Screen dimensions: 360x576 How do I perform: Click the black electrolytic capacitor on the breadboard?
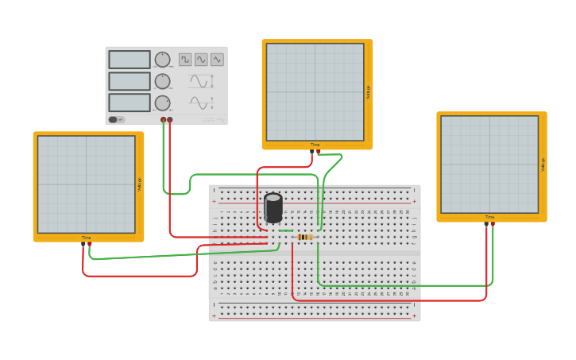273,208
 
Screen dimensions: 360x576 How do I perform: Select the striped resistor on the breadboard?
304,237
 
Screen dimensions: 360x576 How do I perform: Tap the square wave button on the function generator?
185,60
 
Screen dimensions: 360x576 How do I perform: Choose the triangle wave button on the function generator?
217,60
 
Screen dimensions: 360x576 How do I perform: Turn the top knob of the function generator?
162,60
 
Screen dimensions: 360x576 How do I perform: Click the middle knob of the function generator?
162,81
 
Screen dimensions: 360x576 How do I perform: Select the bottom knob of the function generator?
162,103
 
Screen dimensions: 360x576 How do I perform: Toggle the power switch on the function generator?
113,120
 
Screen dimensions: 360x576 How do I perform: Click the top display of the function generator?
130,60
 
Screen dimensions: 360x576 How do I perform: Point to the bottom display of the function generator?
130,103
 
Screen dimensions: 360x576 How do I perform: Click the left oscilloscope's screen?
87,184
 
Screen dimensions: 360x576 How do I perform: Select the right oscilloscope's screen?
489,165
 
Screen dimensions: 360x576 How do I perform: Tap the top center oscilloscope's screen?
315,92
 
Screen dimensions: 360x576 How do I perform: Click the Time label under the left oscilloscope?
86,238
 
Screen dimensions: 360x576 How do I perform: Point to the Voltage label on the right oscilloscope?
543,165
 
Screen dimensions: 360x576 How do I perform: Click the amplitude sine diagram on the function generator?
200,81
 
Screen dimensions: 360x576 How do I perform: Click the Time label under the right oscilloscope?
489,217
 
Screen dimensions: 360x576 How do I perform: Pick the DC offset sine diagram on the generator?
200,103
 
